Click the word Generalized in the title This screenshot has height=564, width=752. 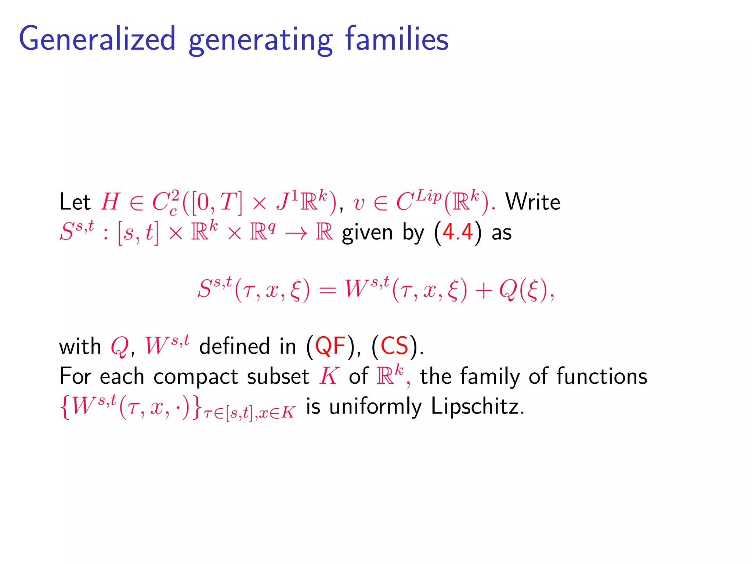click(97, 39)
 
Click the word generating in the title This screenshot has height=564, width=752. click(260, 40)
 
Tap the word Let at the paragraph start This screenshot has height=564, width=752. click(75, 202)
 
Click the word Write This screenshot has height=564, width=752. click(533, 202)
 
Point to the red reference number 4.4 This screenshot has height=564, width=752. click(458, 232)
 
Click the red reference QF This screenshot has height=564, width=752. click(330, 346)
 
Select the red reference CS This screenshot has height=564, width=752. click(394, 346)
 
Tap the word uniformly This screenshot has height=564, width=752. click(375, 407)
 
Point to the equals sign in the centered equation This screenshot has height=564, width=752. click(327, 290)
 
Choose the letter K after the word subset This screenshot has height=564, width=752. click(329, 376)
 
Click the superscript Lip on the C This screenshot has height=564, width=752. click(429, 196)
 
